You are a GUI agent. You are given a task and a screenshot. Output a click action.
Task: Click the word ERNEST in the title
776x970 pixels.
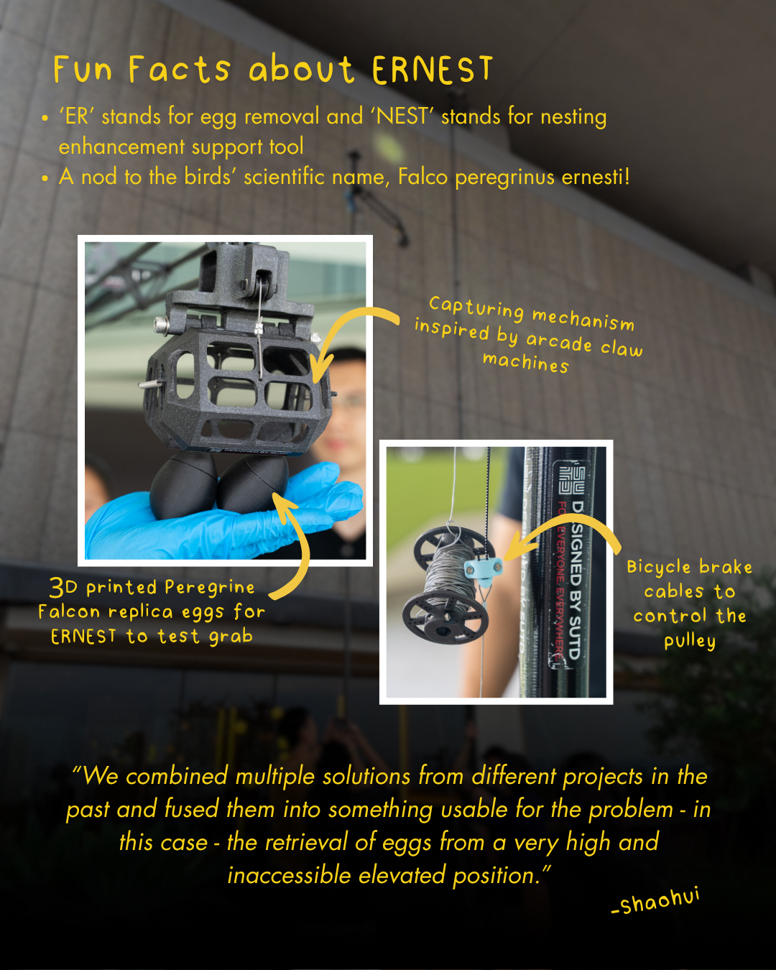tap(432, 70)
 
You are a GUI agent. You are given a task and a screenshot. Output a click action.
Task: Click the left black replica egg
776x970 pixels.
tap(183, 486)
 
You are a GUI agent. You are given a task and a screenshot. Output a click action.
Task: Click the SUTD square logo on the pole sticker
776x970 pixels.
tap(572, 479)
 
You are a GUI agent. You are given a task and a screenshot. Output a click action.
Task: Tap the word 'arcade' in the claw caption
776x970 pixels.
tap(559, 342)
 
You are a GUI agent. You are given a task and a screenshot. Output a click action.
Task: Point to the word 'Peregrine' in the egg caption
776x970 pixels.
tap(210, 587)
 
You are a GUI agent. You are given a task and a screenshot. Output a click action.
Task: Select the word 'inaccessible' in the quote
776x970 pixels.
tap(289, 876)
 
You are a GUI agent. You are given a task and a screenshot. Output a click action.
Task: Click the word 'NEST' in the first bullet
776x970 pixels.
tap(402, 116)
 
